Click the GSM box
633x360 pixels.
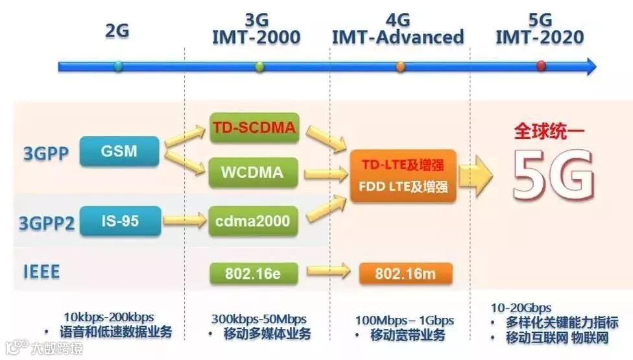pyautogui.click(x=119, y=151)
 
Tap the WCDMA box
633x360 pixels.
pyautogui.click(x=254, y=173)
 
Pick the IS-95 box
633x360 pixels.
pyautogui.click(x=120, y=221)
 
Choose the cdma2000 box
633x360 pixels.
pyautogui.click(x=254, y=221)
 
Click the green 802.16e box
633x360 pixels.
pyautogui.click(x=253, y=273)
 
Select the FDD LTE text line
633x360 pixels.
pyautogui.click(x=404, y=187)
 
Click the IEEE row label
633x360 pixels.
pyautogui.click(x=42, y=271)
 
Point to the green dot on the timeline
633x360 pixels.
pyautogui.click(x=260, y=66)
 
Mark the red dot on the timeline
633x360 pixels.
pyautogui.click(x=542, y=66)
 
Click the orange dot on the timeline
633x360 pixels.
pyautogui.click(x=400, y=66)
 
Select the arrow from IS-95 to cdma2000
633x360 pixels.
pyautogui.click(x=184, y=221)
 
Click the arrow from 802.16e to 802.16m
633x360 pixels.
pyautogui.click(x=328, y=272)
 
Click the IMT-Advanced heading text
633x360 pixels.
pyautogui.click(x=398, y=37)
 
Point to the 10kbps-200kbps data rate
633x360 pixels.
pyautogui.click(x=109, y=317)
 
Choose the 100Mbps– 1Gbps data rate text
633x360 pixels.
pyautogui.click(x=404, y=320)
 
